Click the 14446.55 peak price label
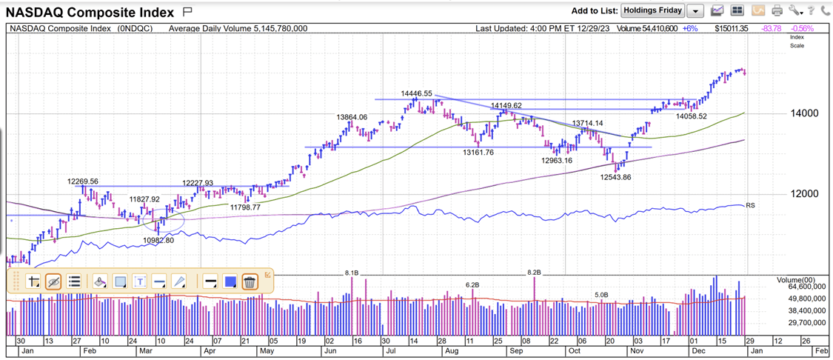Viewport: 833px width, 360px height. click(416, 93)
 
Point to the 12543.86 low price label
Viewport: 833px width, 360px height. click(615, 177)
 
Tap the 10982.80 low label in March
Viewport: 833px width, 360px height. click(158, 240)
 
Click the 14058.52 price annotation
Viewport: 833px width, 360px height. click(691, 116)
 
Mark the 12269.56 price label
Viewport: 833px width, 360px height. click(82, 181)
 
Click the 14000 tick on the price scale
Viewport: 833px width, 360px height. click(803, 113)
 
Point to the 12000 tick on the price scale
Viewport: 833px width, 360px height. click(803, 194)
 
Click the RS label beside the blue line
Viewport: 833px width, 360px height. click(750, 205)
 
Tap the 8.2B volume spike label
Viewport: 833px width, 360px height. click(534, 273)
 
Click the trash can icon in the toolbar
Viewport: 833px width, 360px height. click(250, 281)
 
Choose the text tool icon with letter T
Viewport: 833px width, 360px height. click(140, 281)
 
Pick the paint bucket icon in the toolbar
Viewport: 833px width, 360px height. click(100, 281)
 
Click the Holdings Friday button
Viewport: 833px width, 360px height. click(652, 10)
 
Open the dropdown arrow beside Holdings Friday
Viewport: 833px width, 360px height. click(695, 11)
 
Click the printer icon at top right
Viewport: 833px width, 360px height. click(776, 10)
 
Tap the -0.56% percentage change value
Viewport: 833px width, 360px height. click(803, 28)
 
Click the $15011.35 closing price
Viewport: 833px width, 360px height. click(732, 28)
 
